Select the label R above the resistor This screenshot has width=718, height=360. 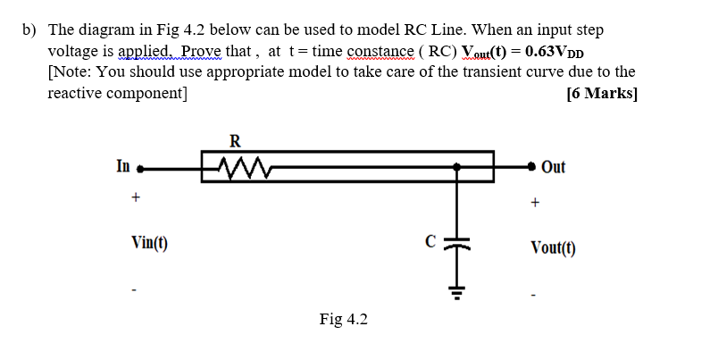(x=235, y=140)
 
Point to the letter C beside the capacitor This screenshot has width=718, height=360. (x=430, y=240)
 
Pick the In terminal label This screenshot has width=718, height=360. (x=123, y=165)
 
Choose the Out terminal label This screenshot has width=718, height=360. (x=553, y=167)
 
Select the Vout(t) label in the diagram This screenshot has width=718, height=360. (x=553, y=247)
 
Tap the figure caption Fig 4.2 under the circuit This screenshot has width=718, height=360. (x=343, y=319)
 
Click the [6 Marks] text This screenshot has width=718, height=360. (x=602, y=93)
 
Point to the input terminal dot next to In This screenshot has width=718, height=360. (x=140, y=167)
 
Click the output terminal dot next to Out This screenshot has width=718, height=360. (x=532, y=166)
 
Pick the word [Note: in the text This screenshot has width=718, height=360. (x=73, y=71)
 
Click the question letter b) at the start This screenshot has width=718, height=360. (x=29, y=29)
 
